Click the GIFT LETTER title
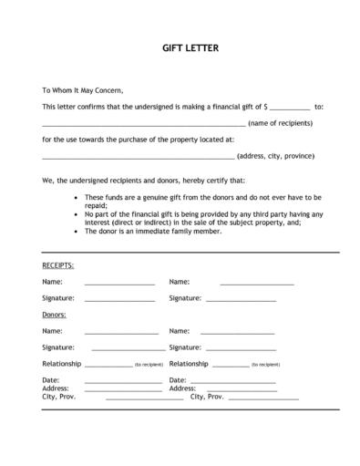[x=180, y=47]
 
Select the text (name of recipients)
[x=280, y=123]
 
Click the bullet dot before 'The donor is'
[x=74, y=231]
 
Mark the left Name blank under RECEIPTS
[x=119, y=283]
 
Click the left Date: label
[x=50, y=379]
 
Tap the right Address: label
[x=182, y=388]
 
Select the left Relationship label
[x=61, y=364]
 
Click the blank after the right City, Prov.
[x=263, y=398]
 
